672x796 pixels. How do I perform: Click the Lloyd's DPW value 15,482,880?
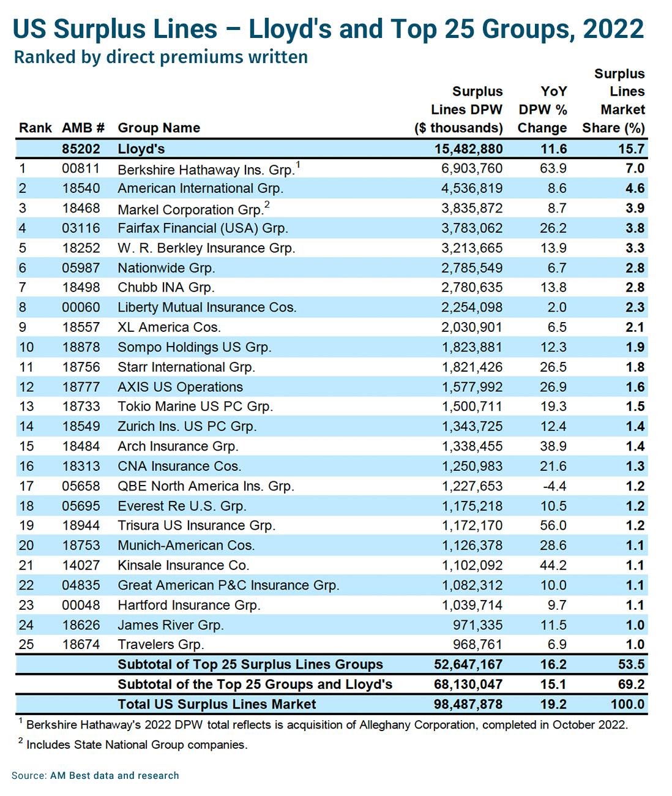468,149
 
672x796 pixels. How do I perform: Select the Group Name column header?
159,128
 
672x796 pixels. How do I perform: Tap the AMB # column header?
83,128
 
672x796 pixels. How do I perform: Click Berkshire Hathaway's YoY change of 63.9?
553,168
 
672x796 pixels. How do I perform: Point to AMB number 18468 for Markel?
81,208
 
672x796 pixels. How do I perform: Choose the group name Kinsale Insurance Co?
184,565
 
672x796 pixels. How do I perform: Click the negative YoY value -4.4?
554,486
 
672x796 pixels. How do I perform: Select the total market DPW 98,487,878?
468,704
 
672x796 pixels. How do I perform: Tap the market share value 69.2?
631,684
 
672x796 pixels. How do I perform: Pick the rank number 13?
26,407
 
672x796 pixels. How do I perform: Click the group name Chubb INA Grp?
166,287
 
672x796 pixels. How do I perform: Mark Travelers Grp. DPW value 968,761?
477,644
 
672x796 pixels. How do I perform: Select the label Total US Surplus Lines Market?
217,704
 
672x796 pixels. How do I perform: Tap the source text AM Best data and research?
114,775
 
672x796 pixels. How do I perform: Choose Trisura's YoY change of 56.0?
553,525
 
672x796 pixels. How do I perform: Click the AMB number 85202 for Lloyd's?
81,149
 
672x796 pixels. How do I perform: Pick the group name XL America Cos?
170,327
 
